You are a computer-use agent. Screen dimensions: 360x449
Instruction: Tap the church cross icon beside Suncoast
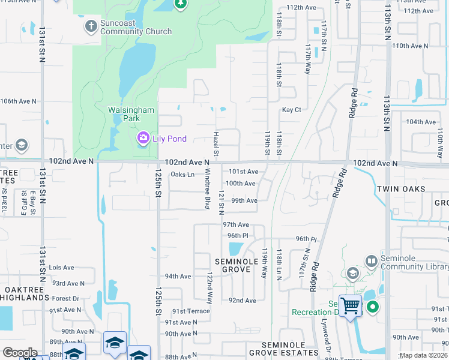tap(91, 26)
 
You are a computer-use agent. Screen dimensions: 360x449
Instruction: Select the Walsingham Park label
tap(131, 114)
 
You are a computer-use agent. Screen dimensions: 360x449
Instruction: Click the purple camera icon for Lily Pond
tap(143, 139)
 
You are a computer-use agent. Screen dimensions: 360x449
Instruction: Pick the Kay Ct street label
tap(291, 110)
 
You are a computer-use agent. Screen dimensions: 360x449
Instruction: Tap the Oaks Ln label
tap(182, 175)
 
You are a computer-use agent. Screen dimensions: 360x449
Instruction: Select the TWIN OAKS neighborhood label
tap(401, 189)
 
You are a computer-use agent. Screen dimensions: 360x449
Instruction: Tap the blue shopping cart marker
tap(350, 305)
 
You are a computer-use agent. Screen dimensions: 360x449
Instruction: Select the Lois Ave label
tap(62, 268)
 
